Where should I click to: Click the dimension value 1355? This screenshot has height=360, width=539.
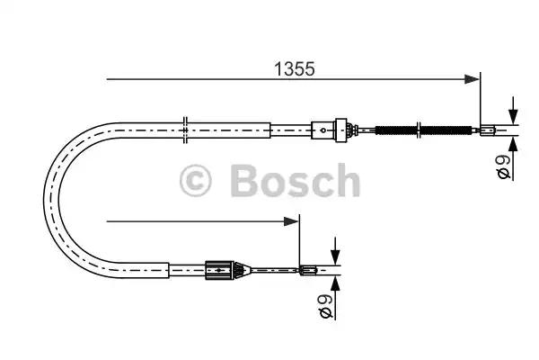click(x=295, y=69)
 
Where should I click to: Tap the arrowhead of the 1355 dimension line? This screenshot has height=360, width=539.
click(x=472, y=79)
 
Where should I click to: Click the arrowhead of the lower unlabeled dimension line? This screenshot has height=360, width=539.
click(x=291, y=221)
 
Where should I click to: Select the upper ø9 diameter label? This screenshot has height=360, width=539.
click(x=504, y=166)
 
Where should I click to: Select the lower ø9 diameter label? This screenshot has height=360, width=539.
click(x=325, y=306)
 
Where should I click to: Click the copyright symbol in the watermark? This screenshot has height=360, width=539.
click(x=195, y=181)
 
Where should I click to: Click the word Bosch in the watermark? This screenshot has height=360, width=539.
click(x=295, y=180)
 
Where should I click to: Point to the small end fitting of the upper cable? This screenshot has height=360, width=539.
click(x=488, y=130)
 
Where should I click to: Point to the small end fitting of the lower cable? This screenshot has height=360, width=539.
click(x=307, y=270)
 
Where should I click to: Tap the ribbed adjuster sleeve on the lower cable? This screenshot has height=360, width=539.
click(x=220, y=270)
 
